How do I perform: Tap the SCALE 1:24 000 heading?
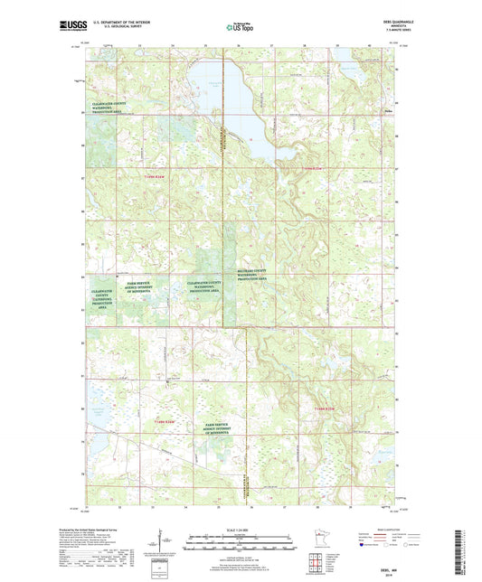pos(241,530)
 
